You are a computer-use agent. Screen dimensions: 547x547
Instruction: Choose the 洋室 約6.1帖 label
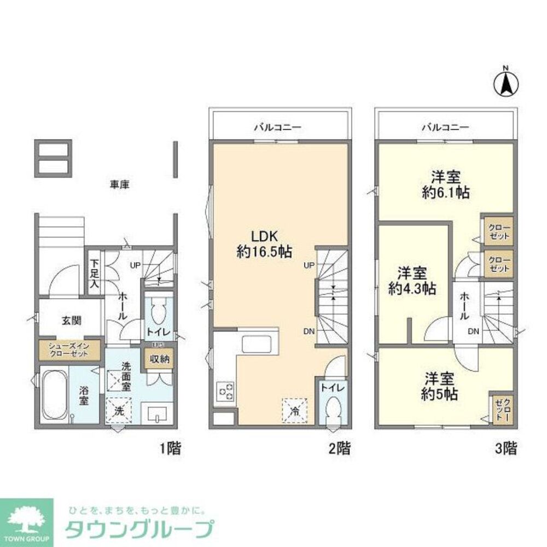point(445,185)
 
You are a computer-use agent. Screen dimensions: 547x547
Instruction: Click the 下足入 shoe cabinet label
point(95,273)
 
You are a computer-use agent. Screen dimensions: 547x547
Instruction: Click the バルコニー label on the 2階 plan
point(277,127)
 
